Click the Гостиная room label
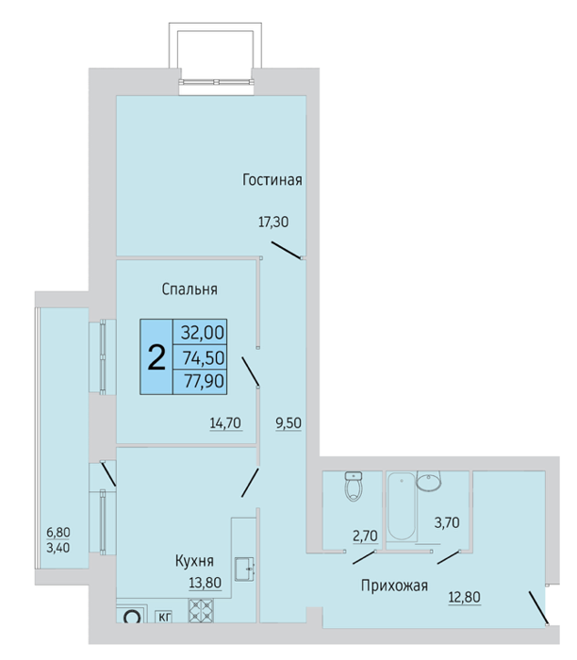(272, 180)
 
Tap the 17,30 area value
(273, 222)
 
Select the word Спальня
(190, 289)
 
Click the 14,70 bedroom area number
(225, 422)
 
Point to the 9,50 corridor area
(288, 423)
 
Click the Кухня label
(194, 561)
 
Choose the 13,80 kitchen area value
(205, 582)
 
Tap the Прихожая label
(394, 586)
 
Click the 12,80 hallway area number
(464, 597)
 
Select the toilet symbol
(354, 487)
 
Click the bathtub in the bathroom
(402, 506)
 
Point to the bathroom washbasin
(429, 481)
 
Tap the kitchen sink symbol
(244, 569)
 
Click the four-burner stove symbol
(201, 610)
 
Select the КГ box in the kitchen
(164, 617)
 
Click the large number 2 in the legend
(157, 357)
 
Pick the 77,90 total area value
(204, 381)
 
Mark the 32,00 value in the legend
(203, 333)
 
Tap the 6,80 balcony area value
(58, 533)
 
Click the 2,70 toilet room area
(365, 536)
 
